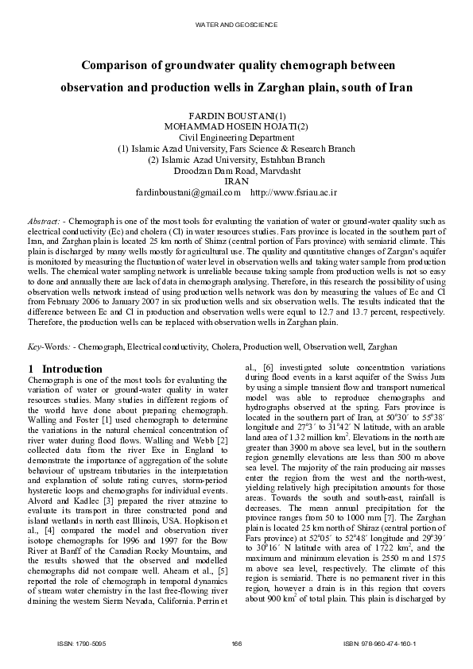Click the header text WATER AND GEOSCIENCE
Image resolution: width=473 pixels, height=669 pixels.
click(x=236, y=25)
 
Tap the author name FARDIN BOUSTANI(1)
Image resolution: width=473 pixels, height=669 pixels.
click(x=236, y=116)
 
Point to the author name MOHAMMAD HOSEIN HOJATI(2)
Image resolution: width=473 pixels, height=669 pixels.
click(x=236, y=126)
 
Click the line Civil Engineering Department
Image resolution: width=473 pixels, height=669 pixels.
click(x=236, y=137)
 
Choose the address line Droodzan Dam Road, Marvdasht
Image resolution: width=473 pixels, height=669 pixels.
click(x=236, y=170)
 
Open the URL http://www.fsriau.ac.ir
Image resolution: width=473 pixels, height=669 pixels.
click(x=293, y=192)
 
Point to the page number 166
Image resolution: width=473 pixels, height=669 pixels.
click(x=236, y=642)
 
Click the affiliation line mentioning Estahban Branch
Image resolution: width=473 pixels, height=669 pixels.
click(x=236, y=159)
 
